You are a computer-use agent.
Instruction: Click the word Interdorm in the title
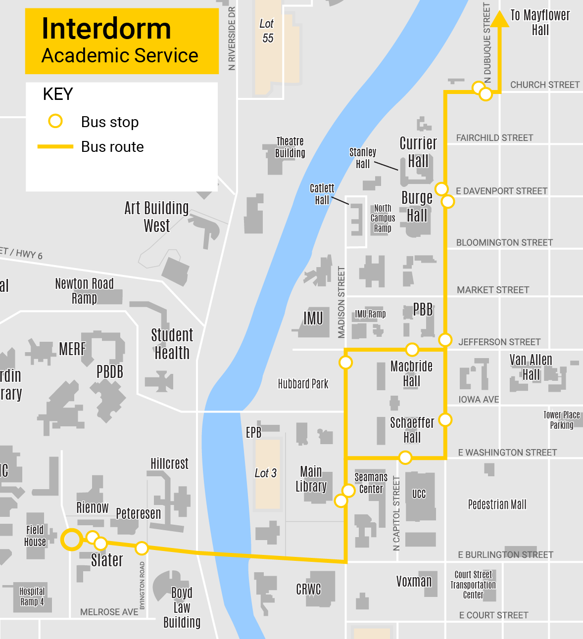pos(106,29)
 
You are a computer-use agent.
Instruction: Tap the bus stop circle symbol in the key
pos(55,121)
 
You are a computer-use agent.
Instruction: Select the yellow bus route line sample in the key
pos(55,147)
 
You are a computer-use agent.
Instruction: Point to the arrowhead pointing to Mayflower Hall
pos(500,18)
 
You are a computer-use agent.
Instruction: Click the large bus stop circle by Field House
pos(72,539)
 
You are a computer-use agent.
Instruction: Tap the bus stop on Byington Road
pos(142,548)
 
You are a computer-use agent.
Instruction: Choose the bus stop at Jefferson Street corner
pos(445,340)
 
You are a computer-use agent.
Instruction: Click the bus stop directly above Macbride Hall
pos(412,350)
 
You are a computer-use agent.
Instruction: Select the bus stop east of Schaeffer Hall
pos(445,420)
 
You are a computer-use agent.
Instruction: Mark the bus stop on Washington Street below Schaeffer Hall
pos(405,458)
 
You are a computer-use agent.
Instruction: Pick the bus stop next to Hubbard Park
pos(345,363)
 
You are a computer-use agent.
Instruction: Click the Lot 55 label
pos(267,31)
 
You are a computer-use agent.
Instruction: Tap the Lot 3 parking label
pos(265,473)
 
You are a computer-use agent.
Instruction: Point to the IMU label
pos(313,318)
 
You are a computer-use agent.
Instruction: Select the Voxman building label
pos(414,582)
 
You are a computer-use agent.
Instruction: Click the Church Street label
pos(544,85)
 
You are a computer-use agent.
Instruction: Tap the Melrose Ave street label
pos(109,612)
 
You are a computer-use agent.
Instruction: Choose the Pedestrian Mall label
pos(497,504)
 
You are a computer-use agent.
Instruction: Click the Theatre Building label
pos(290,147)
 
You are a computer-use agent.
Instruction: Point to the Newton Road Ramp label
pos(84,291)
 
